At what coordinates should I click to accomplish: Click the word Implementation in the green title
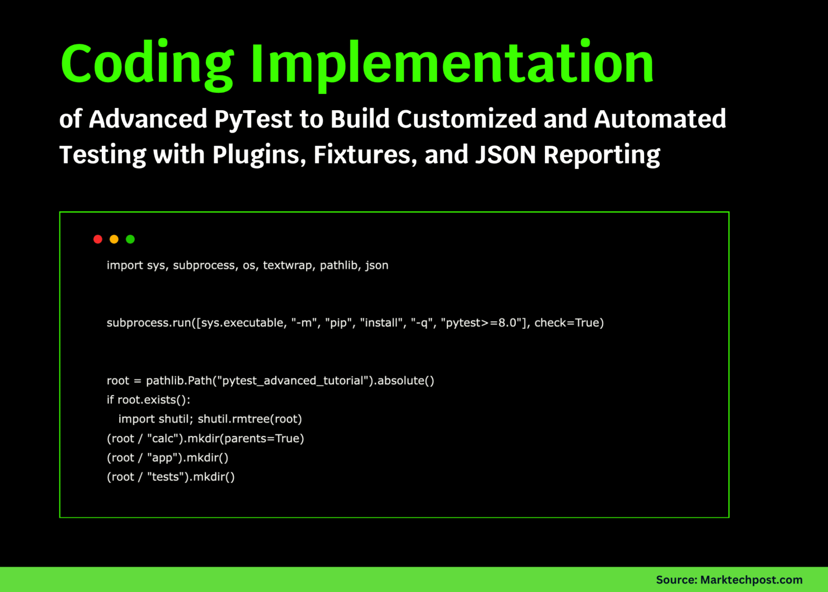452,64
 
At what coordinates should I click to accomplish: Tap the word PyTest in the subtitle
253,119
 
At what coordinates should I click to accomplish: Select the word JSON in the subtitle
505,155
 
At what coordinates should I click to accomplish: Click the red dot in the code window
98,239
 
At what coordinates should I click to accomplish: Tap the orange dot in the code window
114,239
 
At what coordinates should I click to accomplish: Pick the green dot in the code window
130,239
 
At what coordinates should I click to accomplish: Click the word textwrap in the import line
287,266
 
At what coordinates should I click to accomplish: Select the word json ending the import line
376,266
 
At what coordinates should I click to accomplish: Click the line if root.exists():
148,400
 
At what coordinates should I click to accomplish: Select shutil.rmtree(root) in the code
250,419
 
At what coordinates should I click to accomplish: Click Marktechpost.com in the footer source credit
751,580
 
